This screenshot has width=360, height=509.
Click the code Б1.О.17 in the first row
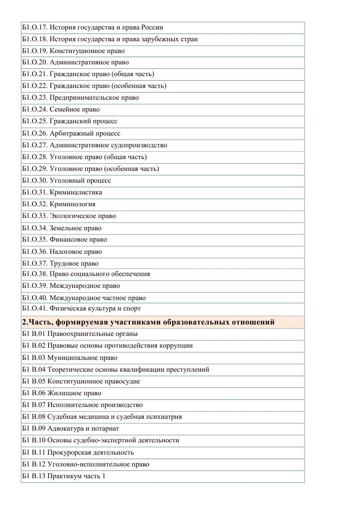(34, 27)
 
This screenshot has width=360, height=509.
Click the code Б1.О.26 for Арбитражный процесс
(34, 133)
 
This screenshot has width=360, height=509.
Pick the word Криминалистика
(76, 192)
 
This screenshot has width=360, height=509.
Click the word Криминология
(73, 204)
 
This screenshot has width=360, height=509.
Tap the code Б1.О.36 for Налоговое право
(34, 252)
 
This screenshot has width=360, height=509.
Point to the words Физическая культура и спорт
(95, 308)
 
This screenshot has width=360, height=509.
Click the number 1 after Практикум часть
(103, 476)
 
